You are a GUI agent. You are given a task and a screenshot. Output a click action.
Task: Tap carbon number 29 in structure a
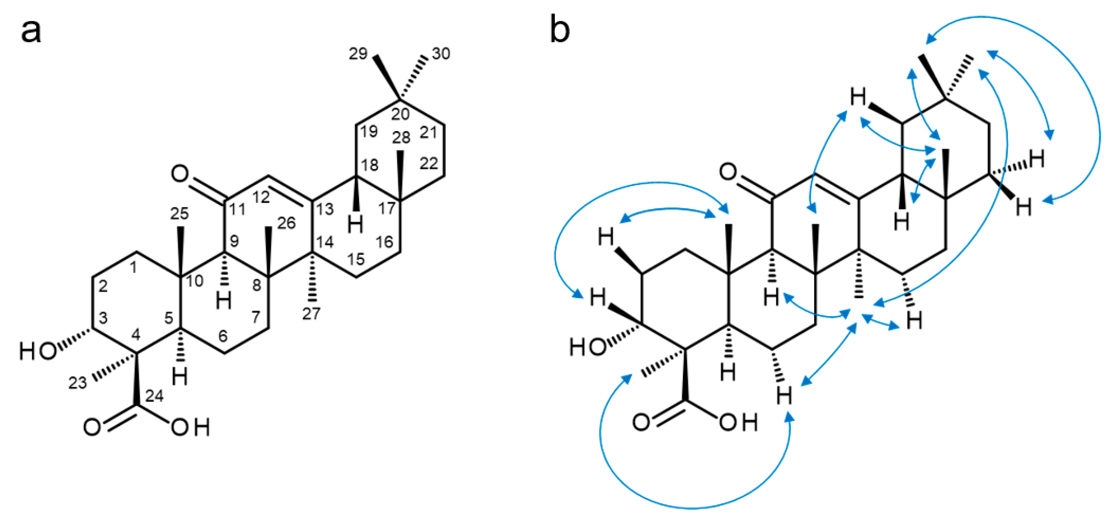(x=358, y=54)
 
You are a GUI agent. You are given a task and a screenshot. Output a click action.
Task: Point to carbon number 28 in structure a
(x=401, y=138)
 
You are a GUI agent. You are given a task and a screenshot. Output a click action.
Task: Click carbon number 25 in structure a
(x=179, y=213)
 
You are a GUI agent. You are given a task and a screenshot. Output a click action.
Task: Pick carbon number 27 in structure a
(x=311, y=313)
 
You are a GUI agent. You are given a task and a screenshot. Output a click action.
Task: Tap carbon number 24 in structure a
(x=154, y=396)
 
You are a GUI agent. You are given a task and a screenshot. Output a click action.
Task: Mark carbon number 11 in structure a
(x=237, y=210)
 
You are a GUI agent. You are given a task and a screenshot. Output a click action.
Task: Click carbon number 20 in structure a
(x=400, y=114)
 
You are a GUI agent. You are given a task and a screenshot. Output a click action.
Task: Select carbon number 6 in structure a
(x=223, y=336)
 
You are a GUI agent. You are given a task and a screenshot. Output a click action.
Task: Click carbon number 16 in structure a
(x=384, y=242)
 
